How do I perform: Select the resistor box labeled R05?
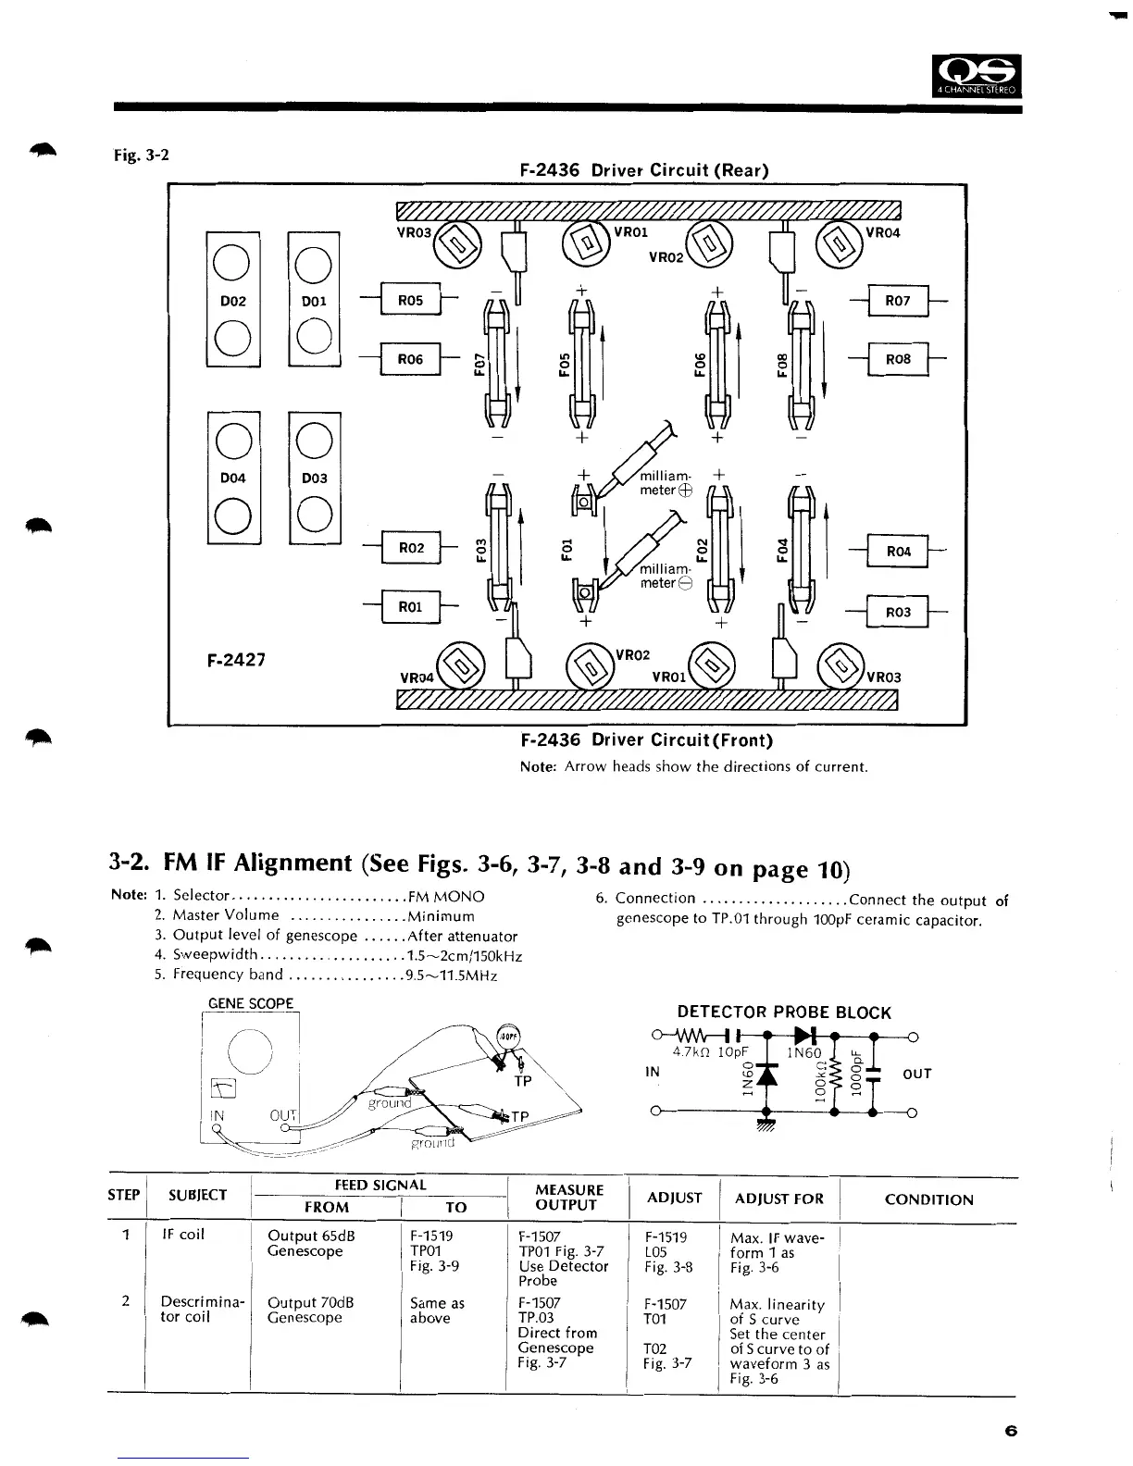[x=410, y=301]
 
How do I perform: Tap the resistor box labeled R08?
[x=898, y=359]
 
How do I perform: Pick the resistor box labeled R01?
[x=410, y=607]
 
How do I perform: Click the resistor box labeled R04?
[x=898, y=552]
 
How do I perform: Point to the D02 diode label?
[x=233, y=301]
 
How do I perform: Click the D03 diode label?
[x=315, y=478]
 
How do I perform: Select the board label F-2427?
[x=235, y=660]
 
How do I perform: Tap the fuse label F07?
[x=479, y=364]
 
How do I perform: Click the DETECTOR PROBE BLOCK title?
[x=784, y=1013]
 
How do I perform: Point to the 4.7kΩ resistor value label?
[x=692, y=1052]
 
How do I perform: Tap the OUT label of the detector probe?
[x=916, y=1074]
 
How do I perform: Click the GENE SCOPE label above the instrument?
[x=251, y=1003]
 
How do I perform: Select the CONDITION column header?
[x=928, y=1199]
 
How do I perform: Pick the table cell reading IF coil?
[x=183, y=1235]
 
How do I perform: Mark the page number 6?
[x=1010, y=1431]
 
